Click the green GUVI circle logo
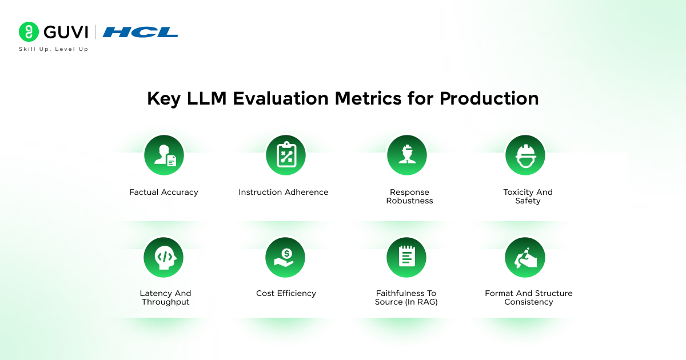29,31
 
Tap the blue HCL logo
140,32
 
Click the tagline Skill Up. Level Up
54,49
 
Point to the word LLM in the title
206,98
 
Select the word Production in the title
489,98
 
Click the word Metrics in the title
368,98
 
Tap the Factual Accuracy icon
164,155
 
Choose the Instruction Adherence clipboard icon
286,155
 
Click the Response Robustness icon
407,155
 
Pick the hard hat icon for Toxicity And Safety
525,155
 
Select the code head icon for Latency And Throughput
163,258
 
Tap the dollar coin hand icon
285,258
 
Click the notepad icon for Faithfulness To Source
406,258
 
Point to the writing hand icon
525,258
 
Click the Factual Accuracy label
163,192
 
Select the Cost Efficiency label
286,293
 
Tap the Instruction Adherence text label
284,192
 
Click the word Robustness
409,201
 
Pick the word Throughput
165,302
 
